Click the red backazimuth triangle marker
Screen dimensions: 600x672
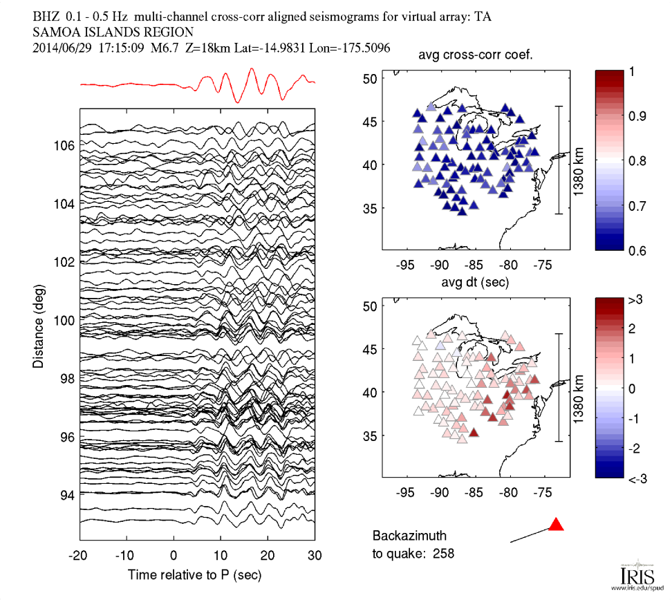pos(556,525)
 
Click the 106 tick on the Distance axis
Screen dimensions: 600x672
pos(64,146)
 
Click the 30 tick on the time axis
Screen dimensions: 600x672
pos(315,555)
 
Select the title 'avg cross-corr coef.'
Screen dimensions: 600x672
pos(476,56)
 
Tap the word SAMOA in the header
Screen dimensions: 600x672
pos(55,32)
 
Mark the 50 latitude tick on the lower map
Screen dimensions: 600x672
pos(368,306)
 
